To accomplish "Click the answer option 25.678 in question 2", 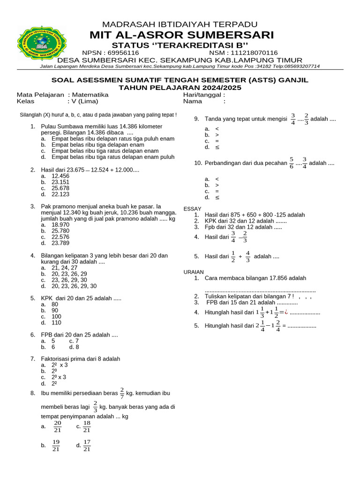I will click(60, 188).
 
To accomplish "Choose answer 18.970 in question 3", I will click(60, 225).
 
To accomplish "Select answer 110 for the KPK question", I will click(57, 322).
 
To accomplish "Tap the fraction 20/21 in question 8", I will click(58, 427).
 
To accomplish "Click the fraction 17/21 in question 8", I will click(87, 446).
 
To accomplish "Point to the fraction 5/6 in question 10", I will click(292, 163).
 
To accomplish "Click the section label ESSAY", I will click(192, 209).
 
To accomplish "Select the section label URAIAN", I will click(194, 272).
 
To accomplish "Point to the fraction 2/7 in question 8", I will click(122, 392).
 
